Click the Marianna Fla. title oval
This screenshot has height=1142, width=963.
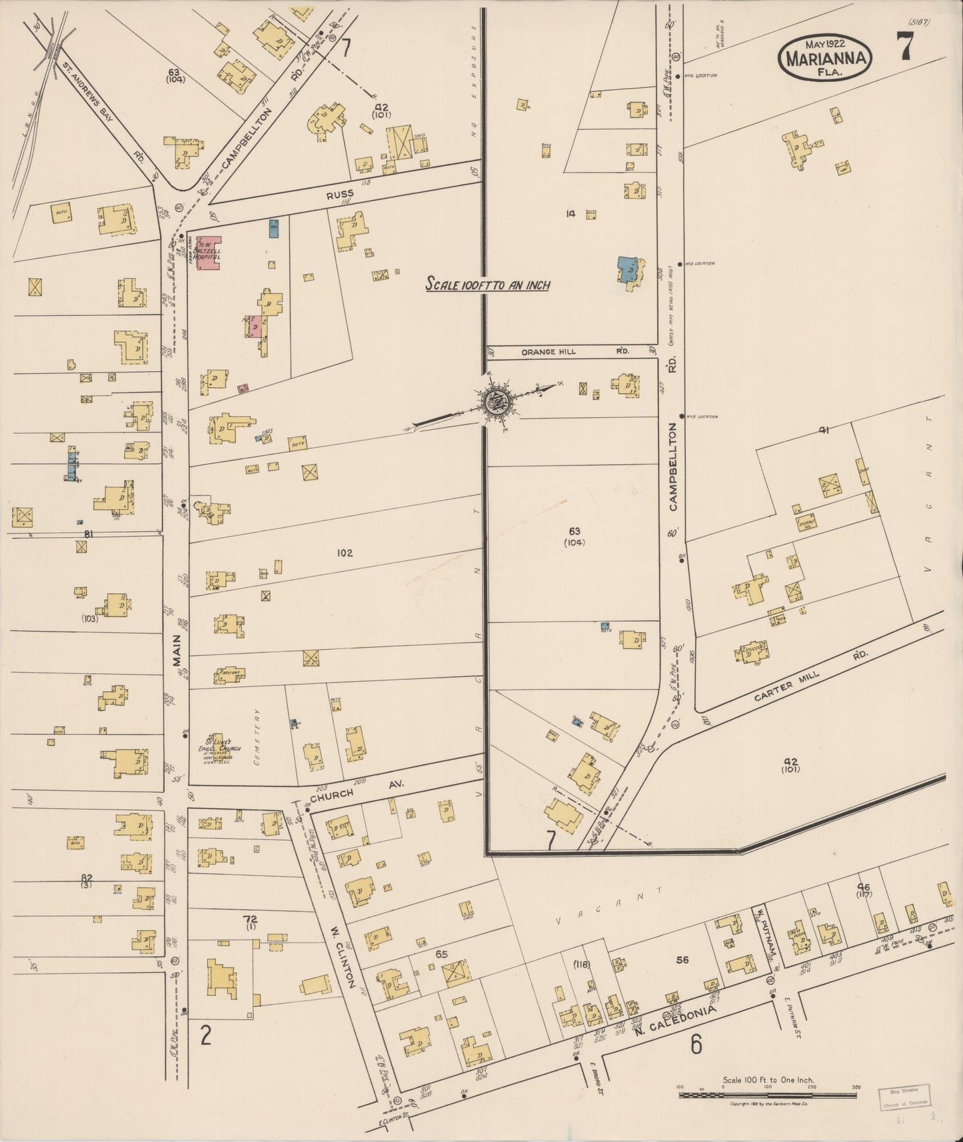click(x=827, y=58)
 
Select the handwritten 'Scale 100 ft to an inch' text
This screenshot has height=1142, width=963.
click(x=488, y=285)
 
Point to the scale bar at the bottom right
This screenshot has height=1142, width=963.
click(x=768, y=1094)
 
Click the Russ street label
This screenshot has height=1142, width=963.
click(x=340, y=195)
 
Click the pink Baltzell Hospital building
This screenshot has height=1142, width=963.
click(x=209, y=253)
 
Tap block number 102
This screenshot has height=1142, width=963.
click(x=345, y=552)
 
